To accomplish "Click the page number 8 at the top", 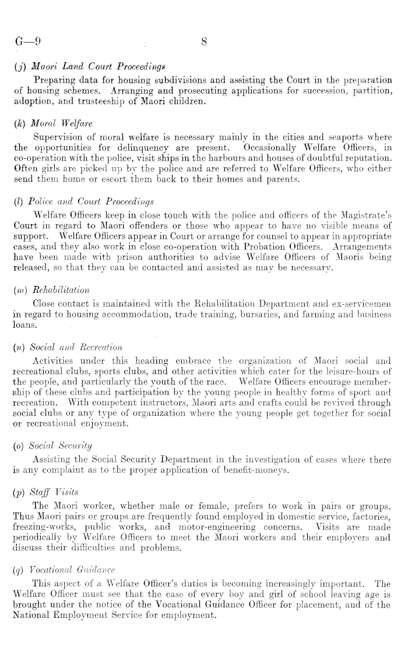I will [204, 42].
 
